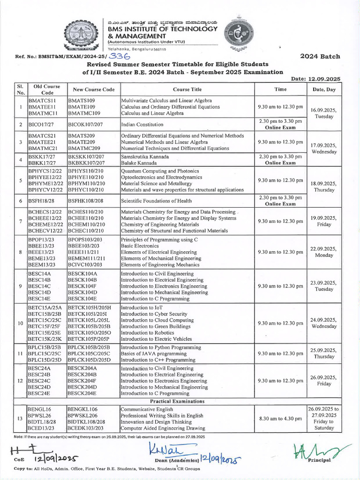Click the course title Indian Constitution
(142, 125)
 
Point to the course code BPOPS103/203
(85, 240)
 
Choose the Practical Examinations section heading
(180, 402)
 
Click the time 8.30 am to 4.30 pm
(280, 419)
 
